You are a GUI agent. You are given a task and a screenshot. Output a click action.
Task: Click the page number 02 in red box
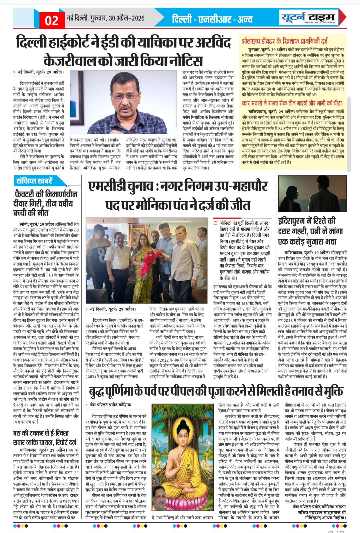coord(51,20)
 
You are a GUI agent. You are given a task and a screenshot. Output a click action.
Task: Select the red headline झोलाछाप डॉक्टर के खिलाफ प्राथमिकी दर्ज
coord(285,41)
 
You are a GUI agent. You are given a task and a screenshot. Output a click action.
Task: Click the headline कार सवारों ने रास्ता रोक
coord(292,103)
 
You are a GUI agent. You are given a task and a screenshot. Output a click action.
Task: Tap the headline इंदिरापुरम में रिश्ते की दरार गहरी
coord(307,231)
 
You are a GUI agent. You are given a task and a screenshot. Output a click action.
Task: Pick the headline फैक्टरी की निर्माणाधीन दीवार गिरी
coord(45,203)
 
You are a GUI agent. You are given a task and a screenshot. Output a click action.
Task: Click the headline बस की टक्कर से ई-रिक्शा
coord(45,437)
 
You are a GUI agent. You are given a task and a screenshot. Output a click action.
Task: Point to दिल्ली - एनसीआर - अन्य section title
coord(212,19)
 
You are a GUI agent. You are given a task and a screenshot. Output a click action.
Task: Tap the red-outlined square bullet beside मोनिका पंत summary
coord(216,223)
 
